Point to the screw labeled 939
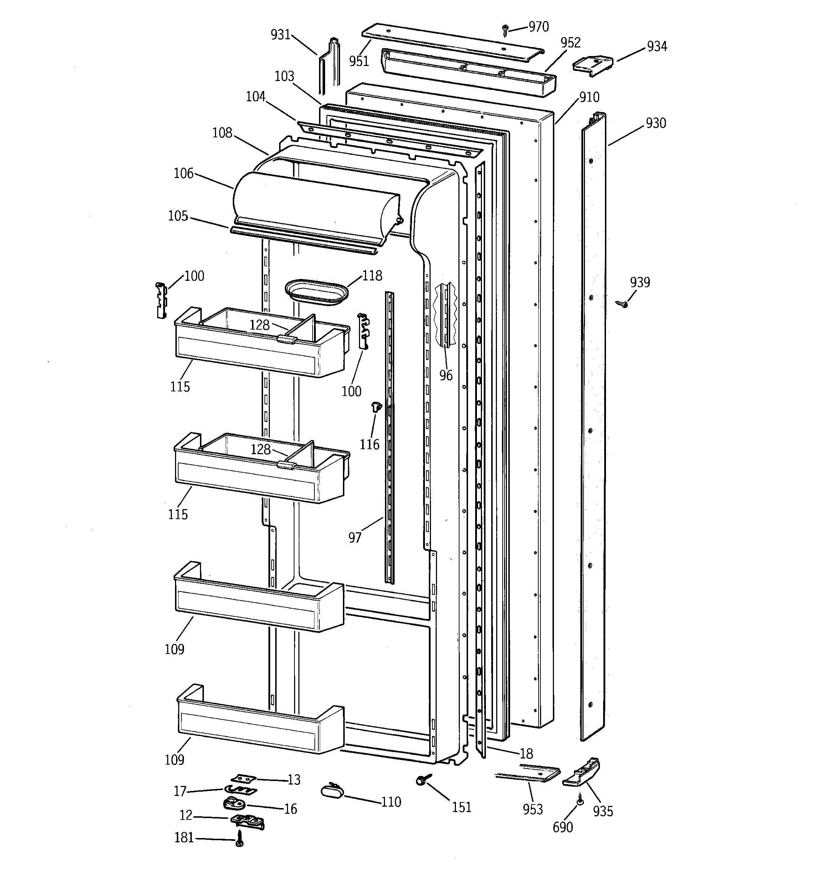[623, 304]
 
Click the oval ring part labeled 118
[316, 292]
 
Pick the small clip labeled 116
[376, 406]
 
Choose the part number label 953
[533, 809]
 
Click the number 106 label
[183, 173]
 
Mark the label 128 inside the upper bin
[259, 325]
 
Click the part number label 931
[281, 35]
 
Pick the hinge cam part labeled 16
[233, 803]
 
